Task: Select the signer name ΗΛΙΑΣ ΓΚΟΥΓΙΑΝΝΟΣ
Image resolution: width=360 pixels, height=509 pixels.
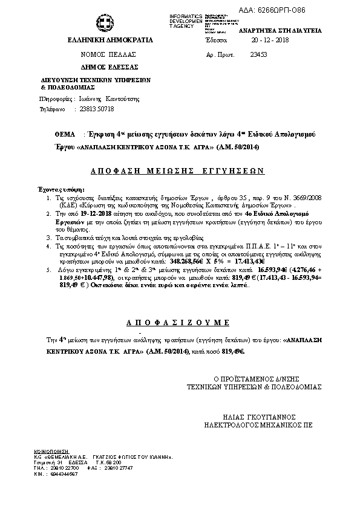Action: coord(260,416)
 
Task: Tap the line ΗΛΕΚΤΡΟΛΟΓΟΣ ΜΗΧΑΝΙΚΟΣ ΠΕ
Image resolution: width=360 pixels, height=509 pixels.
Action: coord(260,424)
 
